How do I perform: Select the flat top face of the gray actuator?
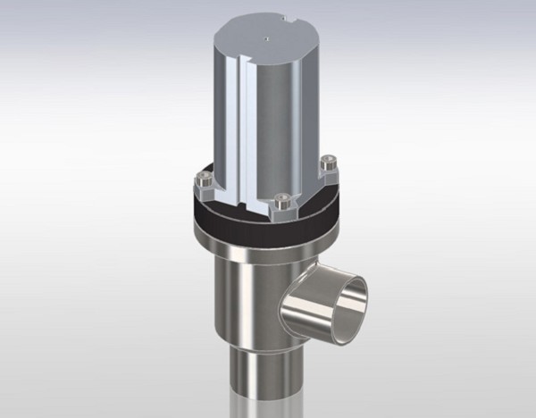tap(268, 40)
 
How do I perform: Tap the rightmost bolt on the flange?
tap(328, 166)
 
